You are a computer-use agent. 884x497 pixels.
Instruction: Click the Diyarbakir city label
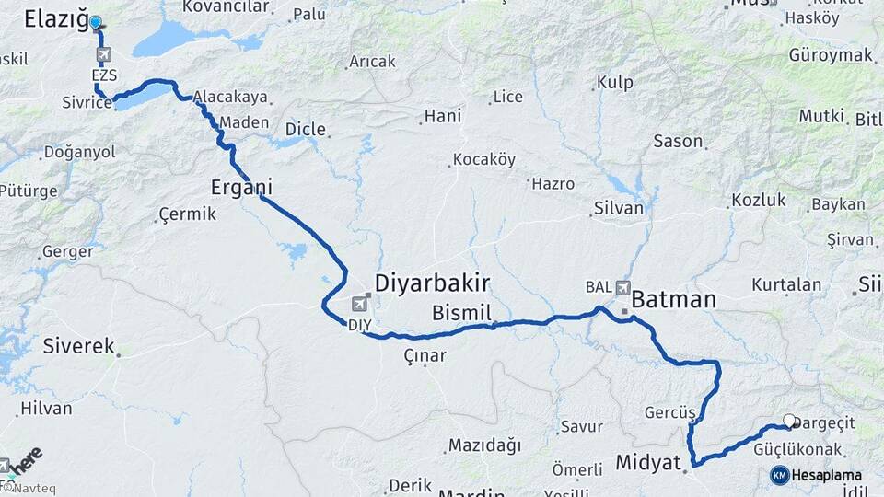[x=432, y=283]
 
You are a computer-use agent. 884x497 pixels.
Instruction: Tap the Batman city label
[x=673, y=299]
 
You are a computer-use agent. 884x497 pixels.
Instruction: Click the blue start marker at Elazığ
[x=95, y=22]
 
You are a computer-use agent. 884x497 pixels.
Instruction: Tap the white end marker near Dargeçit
[x=789, y=422]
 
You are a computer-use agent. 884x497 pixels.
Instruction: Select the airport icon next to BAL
[x=623, y=287]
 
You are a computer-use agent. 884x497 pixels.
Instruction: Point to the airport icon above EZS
[x=102, y=54]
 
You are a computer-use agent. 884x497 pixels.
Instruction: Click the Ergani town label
[x=240, y=187]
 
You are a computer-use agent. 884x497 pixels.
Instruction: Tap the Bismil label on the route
[x=461, y=312]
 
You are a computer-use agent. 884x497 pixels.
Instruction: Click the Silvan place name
[x=618, y=208]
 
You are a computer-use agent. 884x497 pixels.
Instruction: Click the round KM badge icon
[x=779, y=476]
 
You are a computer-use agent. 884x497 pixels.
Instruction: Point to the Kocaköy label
[x=484, y=159]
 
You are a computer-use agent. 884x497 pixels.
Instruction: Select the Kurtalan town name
[x=785, y=284]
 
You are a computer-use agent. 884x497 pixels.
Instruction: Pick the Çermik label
[x=187, y=214]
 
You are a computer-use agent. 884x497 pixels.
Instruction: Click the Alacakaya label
[x=229, y=96]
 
